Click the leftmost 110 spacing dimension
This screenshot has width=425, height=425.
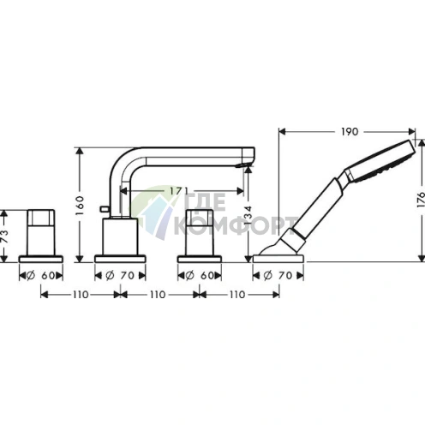click(79, 294)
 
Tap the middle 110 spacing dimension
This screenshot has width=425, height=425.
click(156, 294)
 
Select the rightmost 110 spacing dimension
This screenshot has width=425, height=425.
click(237, 294)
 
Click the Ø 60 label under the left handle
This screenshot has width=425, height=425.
click(39, 275)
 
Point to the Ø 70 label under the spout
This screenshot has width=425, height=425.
click(117, 275)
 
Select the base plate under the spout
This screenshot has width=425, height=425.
click(116, 257)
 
